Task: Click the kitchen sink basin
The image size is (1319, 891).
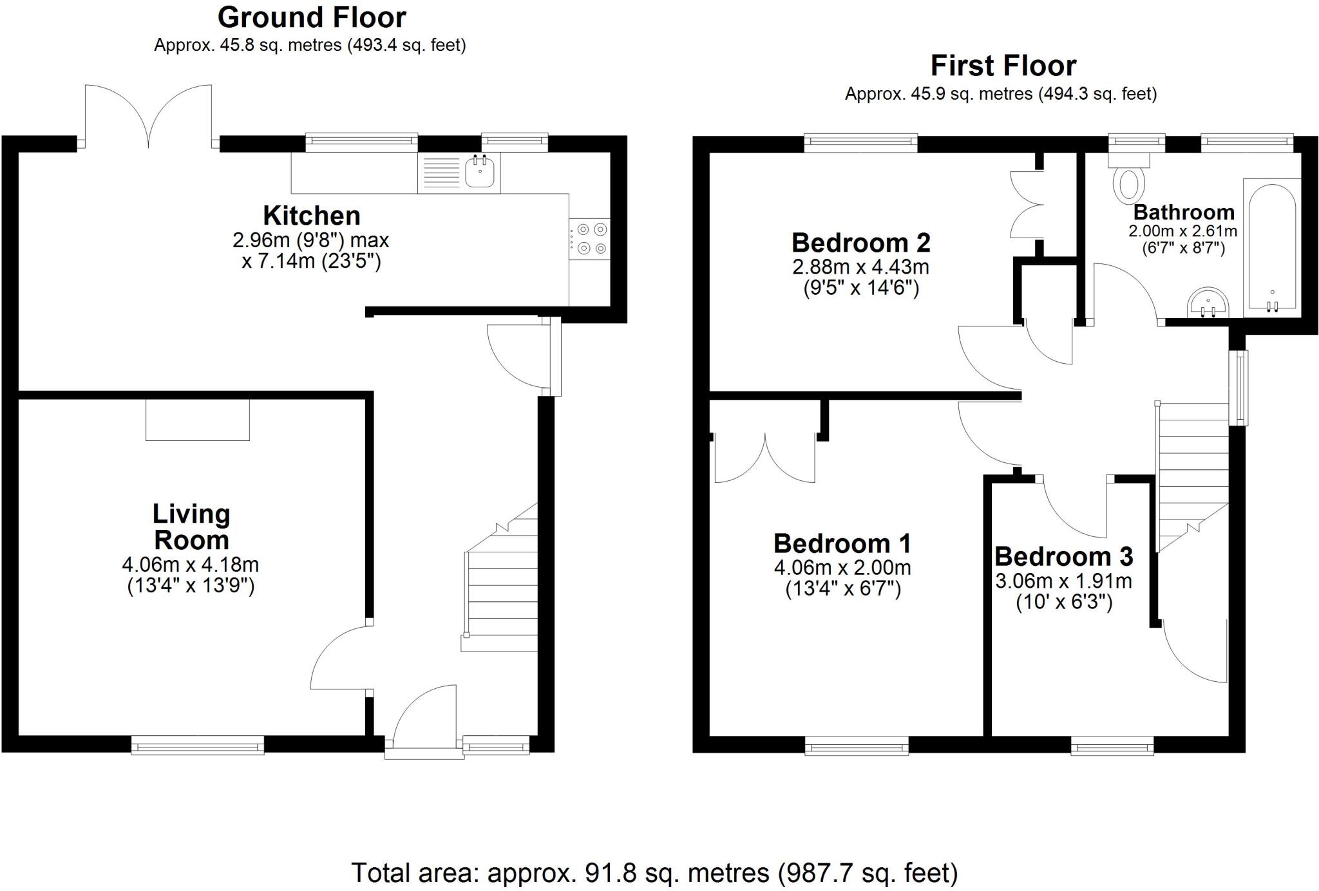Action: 480,171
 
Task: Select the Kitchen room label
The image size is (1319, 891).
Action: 312,215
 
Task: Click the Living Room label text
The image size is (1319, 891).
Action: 191,527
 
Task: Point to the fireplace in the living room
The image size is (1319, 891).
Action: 197,420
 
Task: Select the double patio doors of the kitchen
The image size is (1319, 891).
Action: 149,116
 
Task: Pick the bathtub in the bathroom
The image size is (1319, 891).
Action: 1272,248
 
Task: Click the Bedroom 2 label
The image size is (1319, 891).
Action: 860,243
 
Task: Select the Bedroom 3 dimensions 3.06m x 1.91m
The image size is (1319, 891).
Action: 1063,581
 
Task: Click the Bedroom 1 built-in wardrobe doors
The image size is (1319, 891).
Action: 765,458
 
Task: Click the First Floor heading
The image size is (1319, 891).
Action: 1003,66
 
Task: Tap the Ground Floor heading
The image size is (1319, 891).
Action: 312,17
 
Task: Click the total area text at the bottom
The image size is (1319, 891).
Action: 654,873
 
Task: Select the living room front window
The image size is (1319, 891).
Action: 198,746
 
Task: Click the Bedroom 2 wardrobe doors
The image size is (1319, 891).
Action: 1027,205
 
